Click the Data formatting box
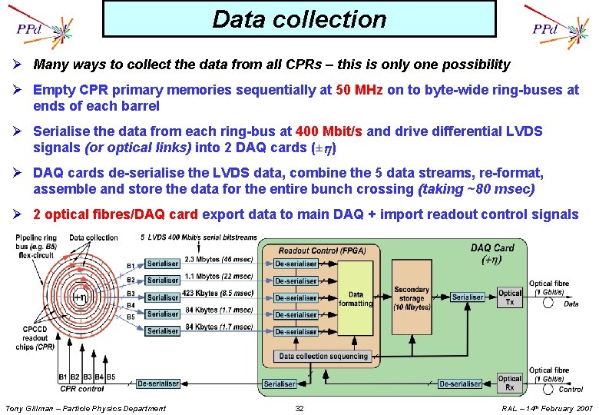coord(356,298)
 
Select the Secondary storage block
coord(412,298)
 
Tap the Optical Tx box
coord(510,297)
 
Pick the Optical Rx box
coord(510,382)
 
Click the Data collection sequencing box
coord(323,357)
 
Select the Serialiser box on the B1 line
coord(163,264)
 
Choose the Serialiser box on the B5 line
coord(163,330)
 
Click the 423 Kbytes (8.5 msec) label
coord(218,292)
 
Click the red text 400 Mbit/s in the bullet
coord(339,131)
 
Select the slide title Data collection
coord(299,19)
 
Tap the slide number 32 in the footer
coord(299,408)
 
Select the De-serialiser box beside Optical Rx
coord(460,383)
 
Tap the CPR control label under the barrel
coord(82,389)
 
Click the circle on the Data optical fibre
coord(548,303)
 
